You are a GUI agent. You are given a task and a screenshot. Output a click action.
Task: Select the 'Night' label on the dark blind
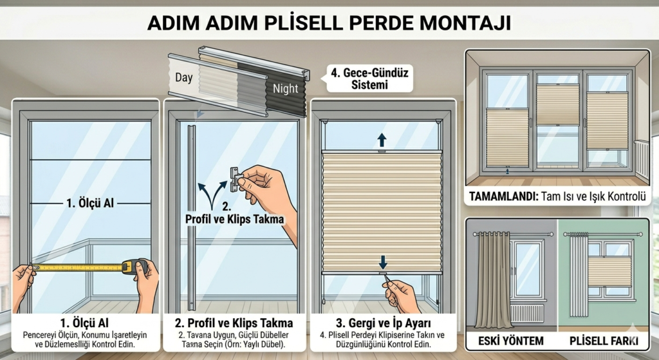point(285,88)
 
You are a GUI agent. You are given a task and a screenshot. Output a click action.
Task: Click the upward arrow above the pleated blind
point(382,139)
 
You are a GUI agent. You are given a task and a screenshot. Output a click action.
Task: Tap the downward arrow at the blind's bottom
point(383,261)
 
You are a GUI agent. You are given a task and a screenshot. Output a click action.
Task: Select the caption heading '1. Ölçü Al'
point(85,322)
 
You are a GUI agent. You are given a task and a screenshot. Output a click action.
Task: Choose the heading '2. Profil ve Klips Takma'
point(234,322)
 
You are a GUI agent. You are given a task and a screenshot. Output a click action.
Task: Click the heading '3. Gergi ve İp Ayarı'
point(383,322)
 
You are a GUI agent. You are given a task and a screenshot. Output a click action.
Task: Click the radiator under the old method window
point(526,314)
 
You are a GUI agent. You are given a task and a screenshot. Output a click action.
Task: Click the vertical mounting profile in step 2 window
point(191,219)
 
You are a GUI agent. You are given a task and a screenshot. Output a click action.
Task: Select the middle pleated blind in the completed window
point(557,105)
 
